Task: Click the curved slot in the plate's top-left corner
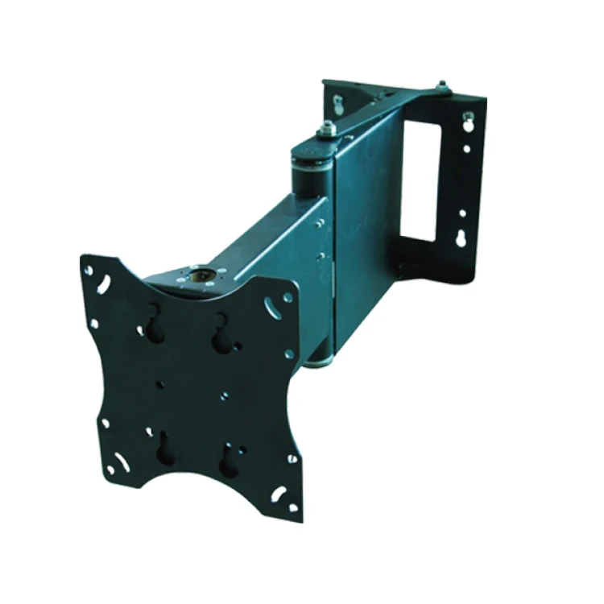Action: click(x=104, y=284)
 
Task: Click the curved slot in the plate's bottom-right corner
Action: click(x=279, y=493)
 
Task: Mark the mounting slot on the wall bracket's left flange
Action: click(x=338, y=102)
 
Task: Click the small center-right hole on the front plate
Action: click(x=225, y=395)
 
